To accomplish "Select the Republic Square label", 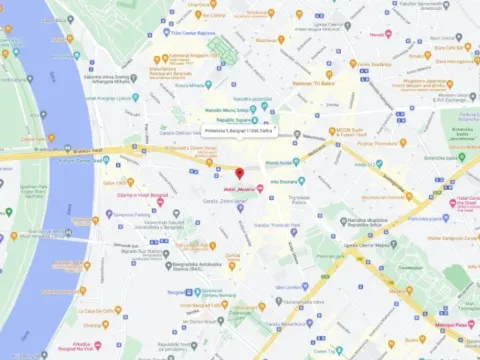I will pyautogui.click(x=241, y=120).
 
